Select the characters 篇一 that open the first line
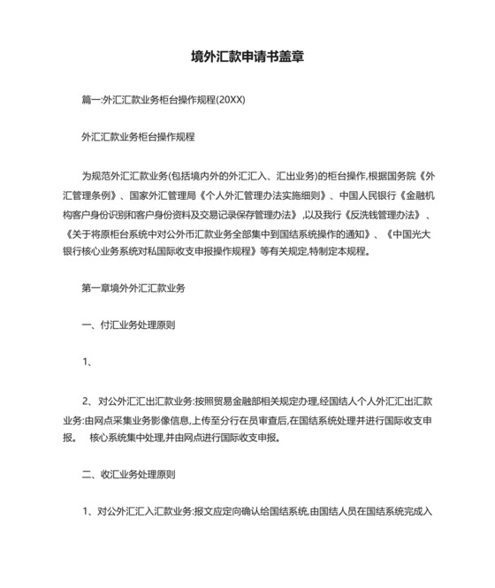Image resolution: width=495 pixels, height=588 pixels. pos(91,100)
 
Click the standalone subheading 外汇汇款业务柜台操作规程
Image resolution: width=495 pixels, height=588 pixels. pos(138,138)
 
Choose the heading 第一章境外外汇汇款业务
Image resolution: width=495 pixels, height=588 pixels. pos(133,288)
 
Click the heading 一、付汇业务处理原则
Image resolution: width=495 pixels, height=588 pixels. pos(128,325)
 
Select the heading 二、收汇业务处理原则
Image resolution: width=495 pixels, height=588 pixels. pos(128,475)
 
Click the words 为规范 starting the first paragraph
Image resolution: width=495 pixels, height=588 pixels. pos(95,176)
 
